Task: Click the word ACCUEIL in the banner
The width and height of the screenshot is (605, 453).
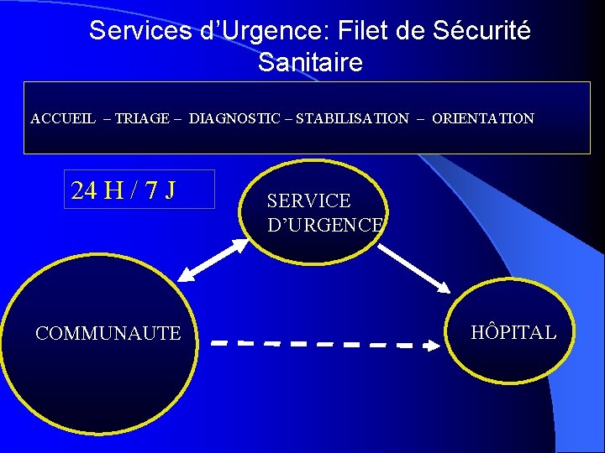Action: tap(63, 119)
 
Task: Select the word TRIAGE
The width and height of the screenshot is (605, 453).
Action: tap(142, 119)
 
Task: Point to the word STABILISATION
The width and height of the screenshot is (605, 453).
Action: tap(352, 119)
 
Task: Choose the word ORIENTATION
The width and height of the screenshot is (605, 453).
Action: tap(483, 119)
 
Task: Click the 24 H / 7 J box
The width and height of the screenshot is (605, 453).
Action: tap(139, 190)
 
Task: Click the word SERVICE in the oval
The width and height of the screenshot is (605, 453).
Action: tap(308, 201)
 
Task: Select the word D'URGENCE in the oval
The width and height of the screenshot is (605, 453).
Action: tap(324, 226)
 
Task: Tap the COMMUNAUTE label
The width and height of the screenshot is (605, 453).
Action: tap(108, 334)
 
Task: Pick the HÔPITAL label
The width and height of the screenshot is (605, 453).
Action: tap(513, 332)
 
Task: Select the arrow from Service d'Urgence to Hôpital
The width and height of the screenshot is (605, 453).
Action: tap(414, 268)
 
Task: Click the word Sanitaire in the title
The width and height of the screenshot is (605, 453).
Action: tap(310, 63)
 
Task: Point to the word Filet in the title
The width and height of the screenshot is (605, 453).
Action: tap(362, 31)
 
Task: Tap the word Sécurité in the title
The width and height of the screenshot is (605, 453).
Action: tap(481, 31)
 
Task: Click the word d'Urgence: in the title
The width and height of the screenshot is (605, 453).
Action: tap(255, 31)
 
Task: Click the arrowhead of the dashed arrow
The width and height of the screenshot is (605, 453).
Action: tap(434, 344)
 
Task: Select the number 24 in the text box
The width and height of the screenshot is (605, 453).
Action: tap(84, 190)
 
